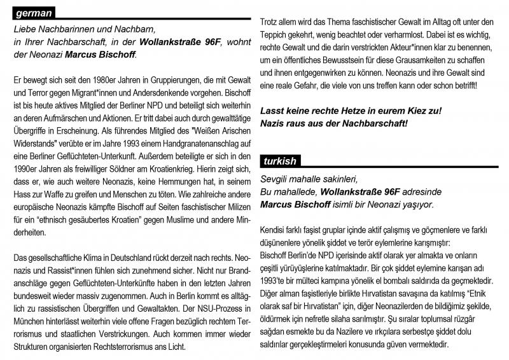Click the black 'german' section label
coord(33,13)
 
